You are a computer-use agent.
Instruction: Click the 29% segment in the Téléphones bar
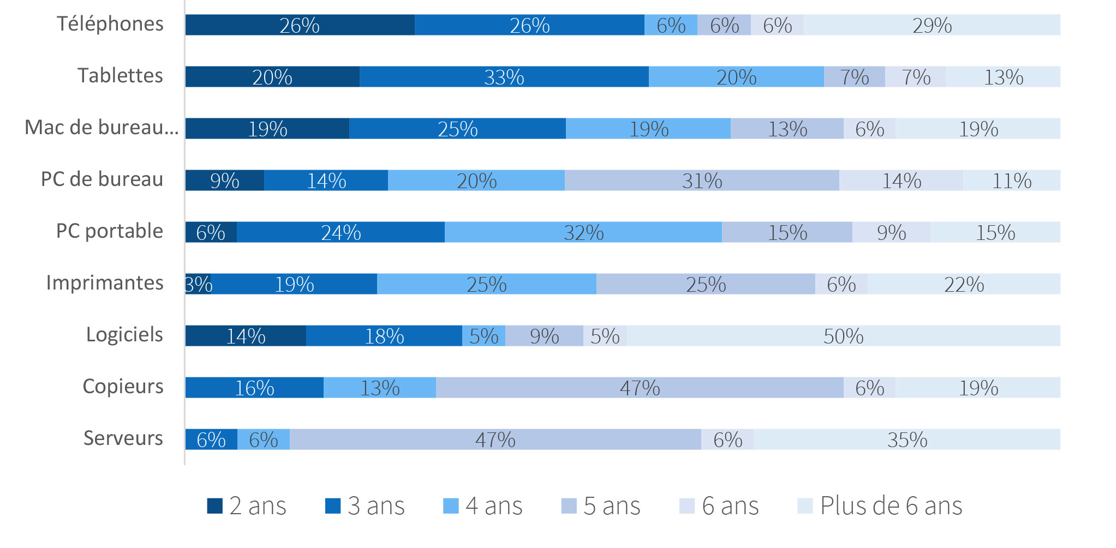(932, 25)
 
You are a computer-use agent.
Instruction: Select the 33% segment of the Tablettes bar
(504, 77)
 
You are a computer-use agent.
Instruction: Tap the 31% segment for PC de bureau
(702, 180)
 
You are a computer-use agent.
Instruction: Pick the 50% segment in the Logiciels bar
(843, 336)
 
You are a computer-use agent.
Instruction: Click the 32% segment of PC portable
(583, 232)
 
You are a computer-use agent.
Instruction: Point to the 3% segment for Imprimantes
(198, 284)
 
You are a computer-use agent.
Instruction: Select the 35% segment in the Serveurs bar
(906, 439)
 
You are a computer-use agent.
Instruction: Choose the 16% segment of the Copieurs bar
(254, 388)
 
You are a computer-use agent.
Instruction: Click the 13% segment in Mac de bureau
(787, 129)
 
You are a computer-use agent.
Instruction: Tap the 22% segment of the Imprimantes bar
(964, 284)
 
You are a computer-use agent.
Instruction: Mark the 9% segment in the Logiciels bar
(544, 336)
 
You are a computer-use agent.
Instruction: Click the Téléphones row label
(110, 24)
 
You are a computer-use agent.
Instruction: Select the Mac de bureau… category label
(102, 128)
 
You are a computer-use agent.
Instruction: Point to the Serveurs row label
(123, 438)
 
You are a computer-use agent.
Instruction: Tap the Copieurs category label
(123, 387)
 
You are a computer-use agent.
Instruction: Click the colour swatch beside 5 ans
(569, 506)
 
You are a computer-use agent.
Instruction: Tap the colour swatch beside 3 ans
(333, 506)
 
